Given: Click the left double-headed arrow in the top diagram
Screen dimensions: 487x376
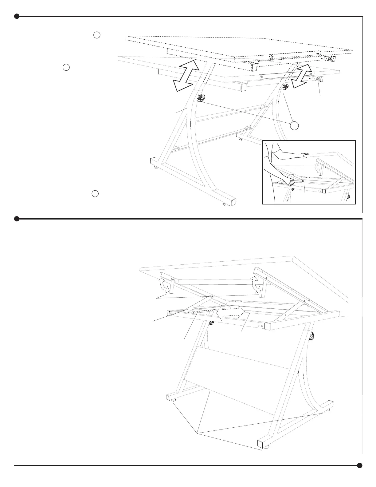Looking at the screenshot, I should [x=186, y=75].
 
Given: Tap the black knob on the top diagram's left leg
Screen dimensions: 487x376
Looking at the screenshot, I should [x=201, y=98].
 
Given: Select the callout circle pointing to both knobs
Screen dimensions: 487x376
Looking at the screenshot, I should [x=294, y=125].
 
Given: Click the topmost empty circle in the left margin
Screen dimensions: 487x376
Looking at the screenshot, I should [x=97, y=35].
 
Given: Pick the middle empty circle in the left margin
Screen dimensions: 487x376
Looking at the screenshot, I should [x=66, y=67].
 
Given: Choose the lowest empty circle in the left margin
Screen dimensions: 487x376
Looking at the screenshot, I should [x=95, y=193].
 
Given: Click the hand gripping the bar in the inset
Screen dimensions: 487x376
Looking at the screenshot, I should [x=290, y=182].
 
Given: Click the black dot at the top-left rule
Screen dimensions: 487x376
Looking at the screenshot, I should [x=17, y=16].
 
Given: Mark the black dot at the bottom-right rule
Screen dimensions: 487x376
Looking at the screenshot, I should [x=360, y=465].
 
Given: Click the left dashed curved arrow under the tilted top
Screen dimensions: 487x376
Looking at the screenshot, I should [x=164, y=285].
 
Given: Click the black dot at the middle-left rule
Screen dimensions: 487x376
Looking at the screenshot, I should [x=17, y=219].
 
